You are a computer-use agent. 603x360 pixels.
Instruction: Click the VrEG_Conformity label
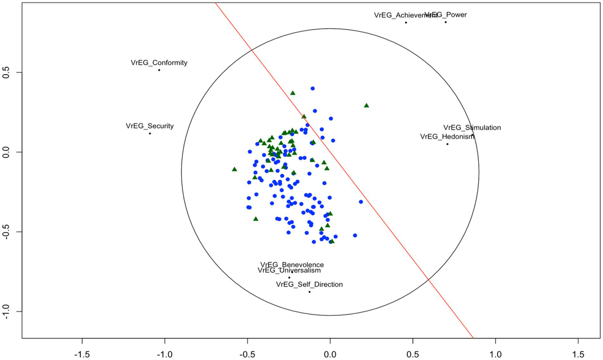pos(159,63)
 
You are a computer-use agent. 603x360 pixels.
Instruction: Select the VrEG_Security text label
pos(150,126)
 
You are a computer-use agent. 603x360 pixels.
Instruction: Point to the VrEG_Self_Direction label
pos(309,285)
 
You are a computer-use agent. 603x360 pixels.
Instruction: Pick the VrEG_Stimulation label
pos(472,128)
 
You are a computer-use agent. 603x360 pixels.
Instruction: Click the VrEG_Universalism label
pos(289,270)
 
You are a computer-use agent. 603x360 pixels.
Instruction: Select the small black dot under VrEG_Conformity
pos(159,70)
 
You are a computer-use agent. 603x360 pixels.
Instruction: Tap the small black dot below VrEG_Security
pos(150,134)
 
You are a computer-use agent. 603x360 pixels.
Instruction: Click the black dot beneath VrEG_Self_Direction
pos(310,292)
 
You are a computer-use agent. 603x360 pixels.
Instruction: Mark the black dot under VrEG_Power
pos(445,22)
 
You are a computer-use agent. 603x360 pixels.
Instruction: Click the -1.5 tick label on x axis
pos(82,354)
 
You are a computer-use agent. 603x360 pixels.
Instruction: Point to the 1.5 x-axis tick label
pos(578,354)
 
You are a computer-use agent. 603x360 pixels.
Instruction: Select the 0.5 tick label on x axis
pos(413,354)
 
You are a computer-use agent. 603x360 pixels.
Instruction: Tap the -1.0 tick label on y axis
pos(6,311)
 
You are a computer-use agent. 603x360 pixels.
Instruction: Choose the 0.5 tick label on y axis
pos(6,73)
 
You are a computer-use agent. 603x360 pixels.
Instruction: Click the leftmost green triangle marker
pos(235,169)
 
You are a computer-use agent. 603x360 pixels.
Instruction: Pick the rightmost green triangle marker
pos(367,105)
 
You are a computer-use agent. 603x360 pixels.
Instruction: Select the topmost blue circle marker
pos(313,88)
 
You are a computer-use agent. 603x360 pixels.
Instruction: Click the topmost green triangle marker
pos(293,93)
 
